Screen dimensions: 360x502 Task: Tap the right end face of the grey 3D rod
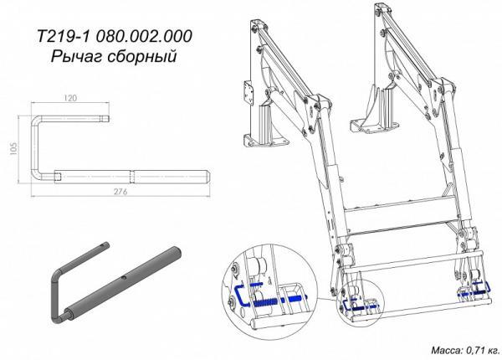(177, 252)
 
